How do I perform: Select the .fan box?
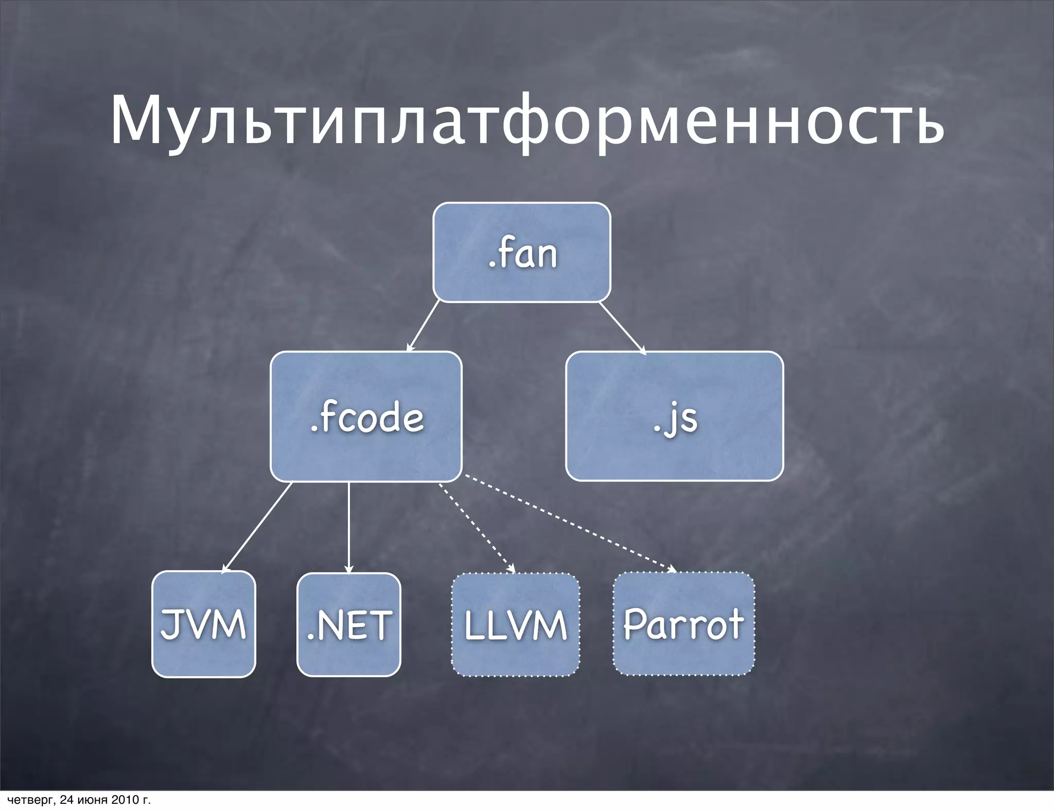click(522, 252)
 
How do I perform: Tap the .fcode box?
click(366, 417)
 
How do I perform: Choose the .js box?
click(674, 417)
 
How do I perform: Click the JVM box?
click(204, 624)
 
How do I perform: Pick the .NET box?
click(349, 625)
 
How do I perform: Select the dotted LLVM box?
click(516, 625)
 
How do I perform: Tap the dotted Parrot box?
click(683, 624)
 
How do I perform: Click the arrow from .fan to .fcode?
click(424, 326)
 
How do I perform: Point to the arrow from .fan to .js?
click(621, 327)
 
